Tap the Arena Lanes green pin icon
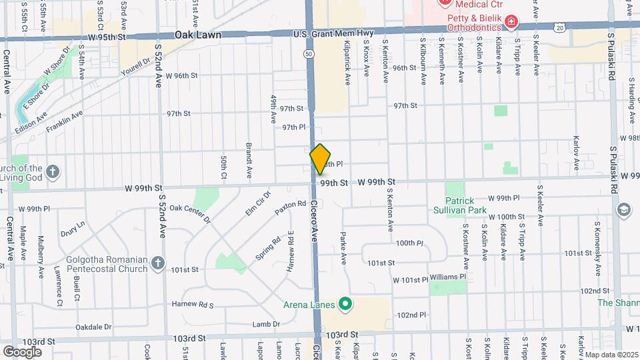(345, 305)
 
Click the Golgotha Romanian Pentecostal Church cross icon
(157, 263)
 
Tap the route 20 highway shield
(559, 26)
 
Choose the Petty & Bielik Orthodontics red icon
(511, 23)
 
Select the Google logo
(22, 351)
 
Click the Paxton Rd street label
(290, 208)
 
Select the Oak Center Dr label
(190, 213)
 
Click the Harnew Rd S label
(191, 305)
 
